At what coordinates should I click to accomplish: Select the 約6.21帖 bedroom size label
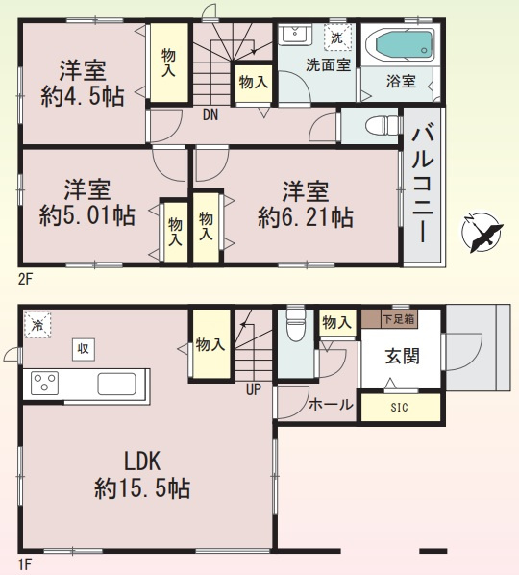(x=305, y=217)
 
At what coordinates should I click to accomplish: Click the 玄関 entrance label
(x=402, y=357)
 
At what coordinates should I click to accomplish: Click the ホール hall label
(x=329, y=405)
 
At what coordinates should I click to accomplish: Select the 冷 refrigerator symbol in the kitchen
(x=37, y=324)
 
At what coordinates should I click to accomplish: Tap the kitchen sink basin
(x=119, y=384)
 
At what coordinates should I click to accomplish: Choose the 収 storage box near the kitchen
(x=83, y=349)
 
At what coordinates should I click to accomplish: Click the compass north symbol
(x=482, y=232)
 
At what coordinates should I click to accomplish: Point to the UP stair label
(x=254, y=390)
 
